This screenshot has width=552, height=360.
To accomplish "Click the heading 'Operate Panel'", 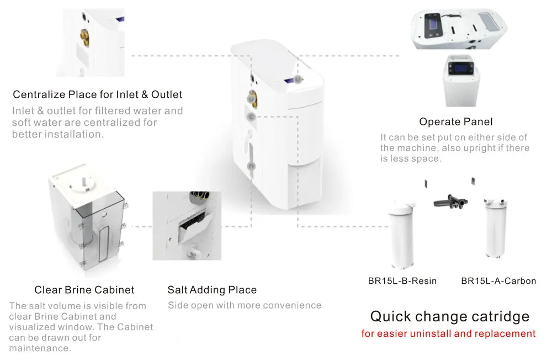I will coord(456,121).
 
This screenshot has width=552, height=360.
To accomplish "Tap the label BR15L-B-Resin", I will coord(402,281).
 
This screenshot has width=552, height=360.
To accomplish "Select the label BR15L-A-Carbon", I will coord(498,281).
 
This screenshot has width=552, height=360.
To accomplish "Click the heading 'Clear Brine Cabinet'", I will coord(84,290).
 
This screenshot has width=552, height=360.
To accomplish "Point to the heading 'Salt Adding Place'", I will coord(212,290).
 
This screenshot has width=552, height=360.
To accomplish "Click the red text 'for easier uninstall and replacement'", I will coord(448,333).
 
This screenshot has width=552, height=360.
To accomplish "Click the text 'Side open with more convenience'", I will coord(244,305).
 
